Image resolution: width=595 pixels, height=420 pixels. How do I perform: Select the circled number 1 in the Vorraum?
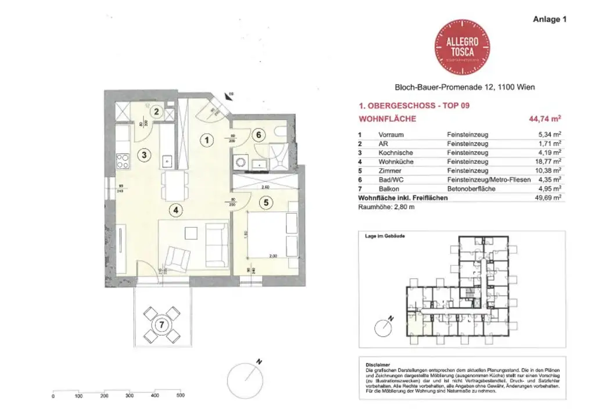click(x=205, y=139)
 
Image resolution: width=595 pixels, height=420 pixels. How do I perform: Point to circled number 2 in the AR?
click(x=156, y=112)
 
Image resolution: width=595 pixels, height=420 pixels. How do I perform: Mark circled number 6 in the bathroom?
click(x=260, y=134)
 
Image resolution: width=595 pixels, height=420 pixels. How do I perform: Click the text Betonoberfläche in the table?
click(x=468, y=189)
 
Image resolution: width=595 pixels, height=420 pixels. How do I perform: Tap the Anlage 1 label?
click(x=549, y=19)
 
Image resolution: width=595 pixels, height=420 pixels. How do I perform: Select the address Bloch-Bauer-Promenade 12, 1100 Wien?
click(x=465, y=87)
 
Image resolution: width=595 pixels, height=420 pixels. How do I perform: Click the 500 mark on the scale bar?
click(x=180, y=396)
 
